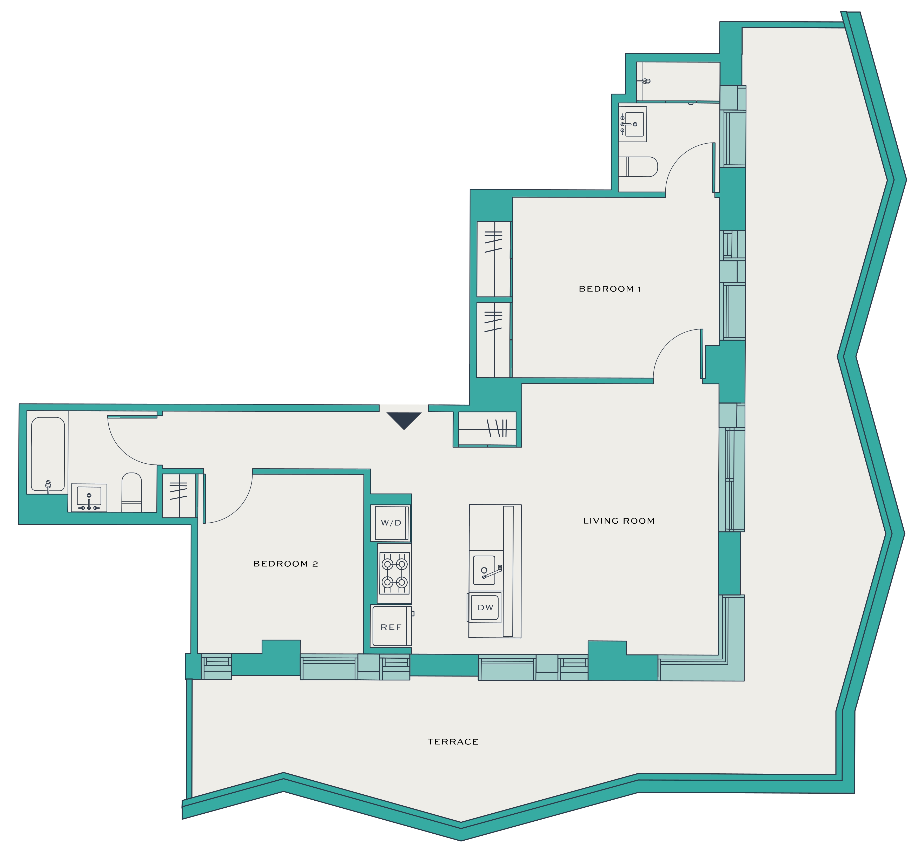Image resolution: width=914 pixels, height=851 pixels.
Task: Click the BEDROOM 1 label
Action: [610, 289]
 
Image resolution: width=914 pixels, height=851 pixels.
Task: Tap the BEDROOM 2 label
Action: [286, 564]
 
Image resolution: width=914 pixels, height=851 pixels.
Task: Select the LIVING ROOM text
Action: [619, 521]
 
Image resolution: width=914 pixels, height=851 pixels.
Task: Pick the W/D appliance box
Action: [391, 523]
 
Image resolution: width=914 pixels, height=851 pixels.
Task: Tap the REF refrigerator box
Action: [391, 626]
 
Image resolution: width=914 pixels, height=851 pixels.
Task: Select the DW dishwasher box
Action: [485, 607]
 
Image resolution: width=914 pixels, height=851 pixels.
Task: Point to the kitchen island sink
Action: [486, 571]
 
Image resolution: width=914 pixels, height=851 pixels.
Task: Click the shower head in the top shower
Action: [646, 81]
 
